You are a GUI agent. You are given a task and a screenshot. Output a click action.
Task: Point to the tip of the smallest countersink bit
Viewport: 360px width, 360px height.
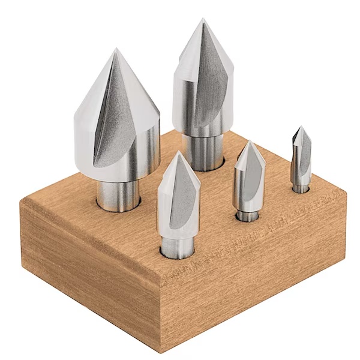(300, 128)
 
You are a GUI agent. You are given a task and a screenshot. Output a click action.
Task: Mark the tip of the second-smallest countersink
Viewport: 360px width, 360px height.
(250, 142)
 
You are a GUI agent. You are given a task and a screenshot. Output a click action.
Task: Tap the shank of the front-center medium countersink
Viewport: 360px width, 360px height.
(176, 246)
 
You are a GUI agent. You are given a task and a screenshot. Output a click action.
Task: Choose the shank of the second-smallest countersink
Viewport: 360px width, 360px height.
(246, 214)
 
